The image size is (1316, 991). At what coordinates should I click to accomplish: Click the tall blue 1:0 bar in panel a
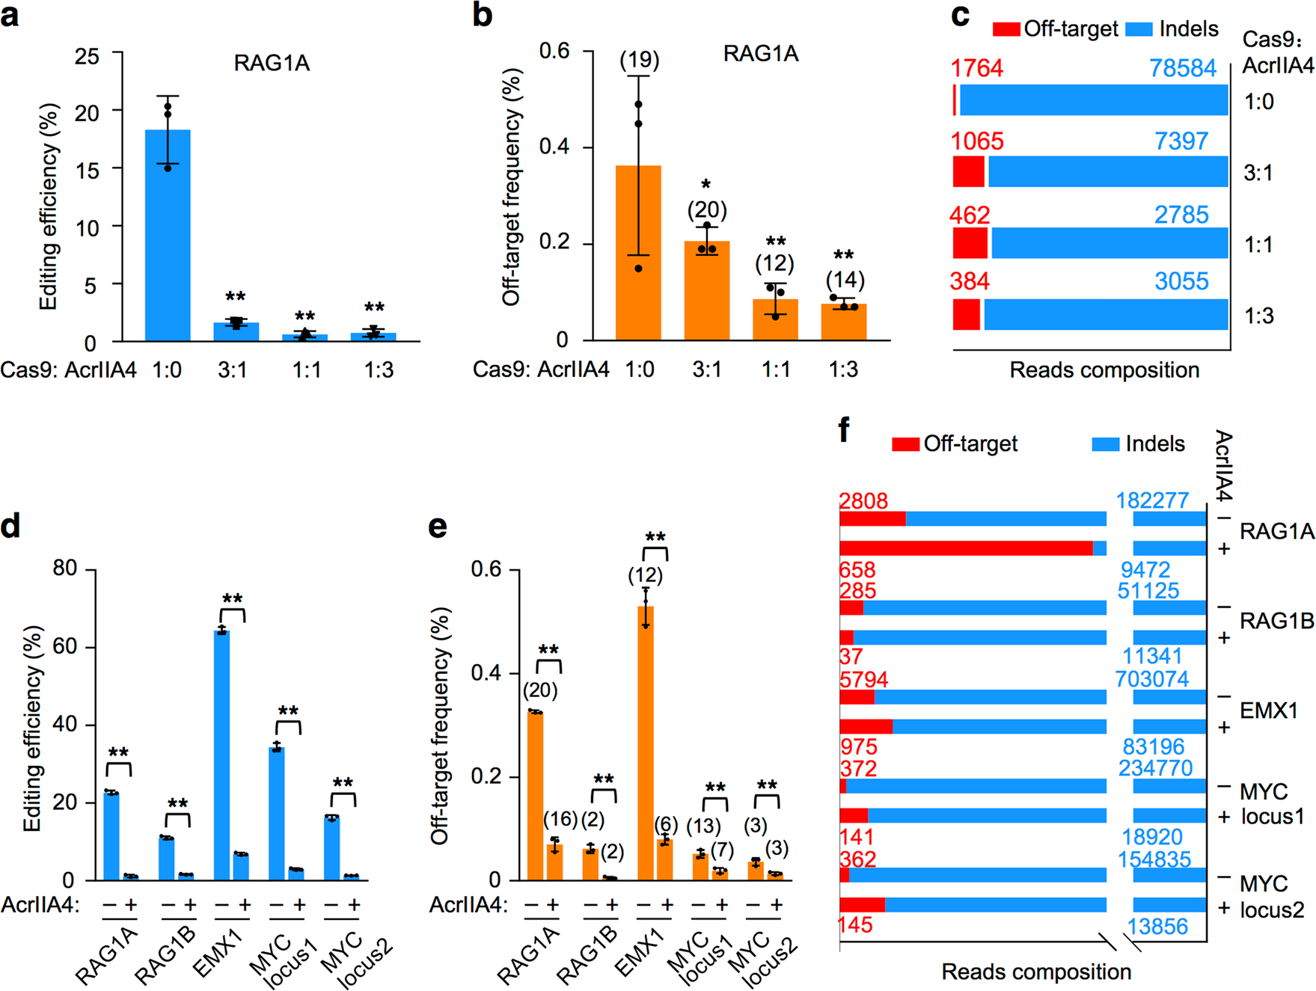[168, 236]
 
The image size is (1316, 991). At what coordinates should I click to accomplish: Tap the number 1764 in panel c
[976, 68]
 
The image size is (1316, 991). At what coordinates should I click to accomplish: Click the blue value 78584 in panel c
[1183, 68]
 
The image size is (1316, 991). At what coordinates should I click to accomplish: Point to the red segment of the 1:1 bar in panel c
[970, 244]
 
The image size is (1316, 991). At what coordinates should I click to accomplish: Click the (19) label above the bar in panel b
[639, 60]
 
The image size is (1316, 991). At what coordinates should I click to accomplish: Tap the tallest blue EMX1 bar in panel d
[221, 755]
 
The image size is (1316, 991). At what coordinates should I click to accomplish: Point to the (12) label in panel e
[645, 574]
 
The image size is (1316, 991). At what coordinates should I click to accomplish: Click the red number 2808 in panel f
[863, 500]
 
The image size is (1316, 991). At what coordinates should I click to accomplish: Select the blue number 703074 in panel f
[1151, 678]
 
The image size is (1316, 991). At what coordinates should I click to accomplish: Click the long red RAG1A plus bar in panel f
[965, 548]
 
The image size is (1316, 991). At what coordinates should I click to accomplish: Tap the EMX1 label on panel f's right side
[1268, 710]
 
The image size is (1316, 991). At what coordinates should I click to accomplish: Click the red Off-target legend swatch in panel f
[905, 444]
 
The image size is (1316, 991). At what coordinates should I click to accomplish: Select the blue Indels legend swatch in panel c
[1139, 29]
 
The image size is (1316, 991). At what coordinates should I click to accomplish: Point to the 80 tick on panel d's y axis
[65, 568]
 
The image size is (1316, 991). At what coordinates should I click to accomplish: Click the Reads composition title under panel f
[1035, 972]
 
